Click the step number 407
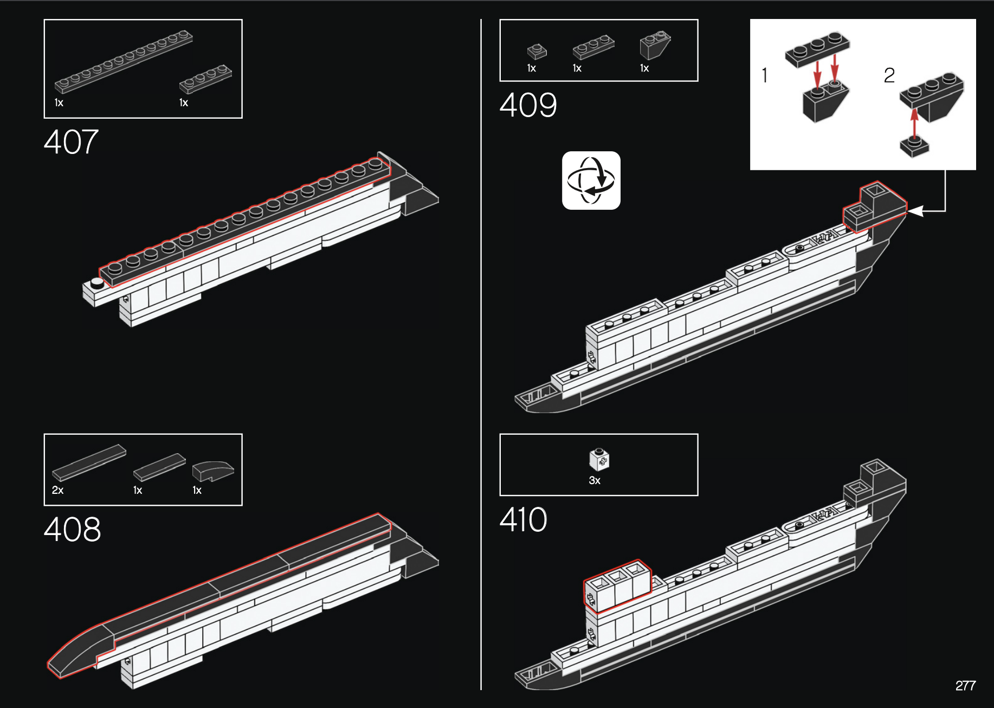tap(71, 142)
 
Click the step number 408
tap(72, 529)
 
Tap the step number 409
tap(528, 105)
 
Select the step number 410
tap(523, 519)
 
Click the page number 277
tap(965, 686)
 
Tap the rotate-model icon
tap(591, 181)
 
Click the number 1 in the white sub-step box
tap(765, 75)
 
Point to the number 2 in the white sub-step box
tap(889, 75)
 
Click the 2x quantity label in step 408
tap(57, 490)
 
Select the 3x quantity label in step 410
tap(595, 480)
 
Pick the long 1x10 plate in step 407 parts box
tap(124, 61)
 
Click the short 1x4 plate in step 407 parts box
tap(205, 79)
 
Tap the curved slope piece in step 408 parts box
tap(213, 471)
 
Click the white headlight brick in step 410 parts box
tap(599, 460)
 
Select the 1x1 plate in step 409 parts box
tap(537, 52)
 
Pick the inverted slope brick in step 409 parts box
tap(655, 46)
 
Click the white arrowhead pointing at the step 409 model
tap(916, 211)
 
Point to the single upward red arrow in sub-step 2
tap(914, 124)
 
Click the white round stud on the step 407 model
tap(97, 282)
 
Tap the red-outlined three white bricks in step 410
tap(617, 587)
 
